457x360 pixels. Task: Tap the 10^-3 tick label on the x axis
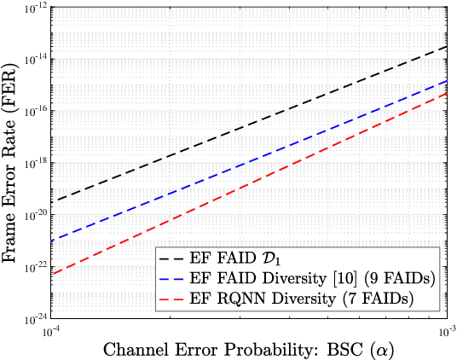pos(444,331)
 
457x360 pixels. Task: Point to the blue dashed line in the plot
pos(247,161)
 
